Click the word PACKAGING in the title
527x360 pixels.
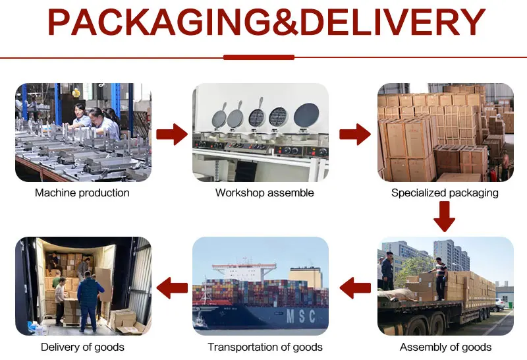click(159, 23)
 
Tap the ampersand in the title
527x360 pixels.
click(285, 23)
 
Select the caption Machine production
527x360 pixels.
click(82, 193)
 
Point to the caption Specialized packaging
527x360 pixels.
click(445, 193)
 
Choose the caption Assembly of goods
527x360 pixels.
click(445, 347)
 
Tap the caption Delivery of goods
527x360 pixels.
click(82, 347)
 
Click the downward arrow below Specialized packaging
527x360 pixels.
click(445, 216)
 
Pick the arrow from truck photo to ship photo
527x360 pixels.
click(354, 286)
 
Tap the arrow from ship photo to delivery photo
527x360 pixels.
click(173, 286)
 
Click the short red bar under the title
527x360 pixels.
click(258, 57)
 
